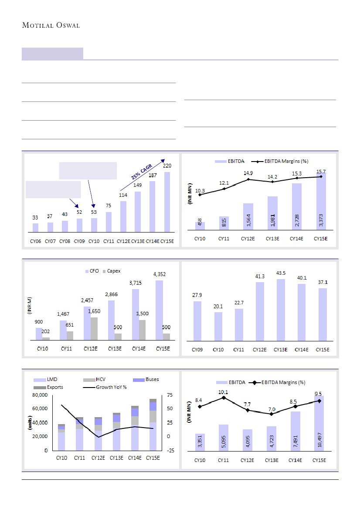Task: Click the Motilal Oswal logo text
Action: [51, 26]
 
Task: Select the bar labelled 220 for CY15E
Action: [167, 202]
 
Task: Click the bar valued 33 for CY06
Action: [36, 228]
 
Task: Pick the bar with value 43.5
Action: [281, 310]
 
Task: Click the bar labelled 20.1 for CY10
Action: [218, 326]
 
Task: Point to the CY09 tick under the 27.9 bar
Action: [197, 349]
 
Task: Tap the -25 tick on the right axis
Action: [170, 451]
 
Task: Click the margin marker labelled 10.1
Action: [224, 398]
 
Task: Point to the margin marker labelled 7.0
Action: [272, 414]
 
